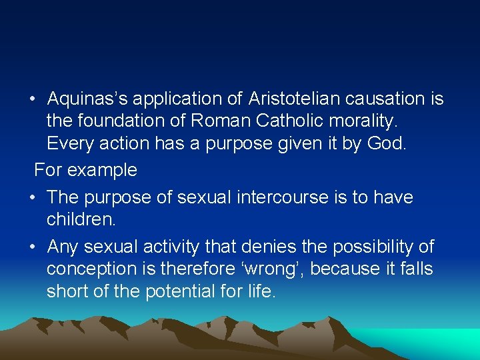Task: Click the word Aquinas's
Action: pyautogui.click(x=87, y=99)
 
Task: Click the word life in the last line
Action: pyautogui.click(x=262, y=291)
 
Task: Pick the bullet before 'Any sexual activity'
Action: pyautogui.click(x=32, y=248)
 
